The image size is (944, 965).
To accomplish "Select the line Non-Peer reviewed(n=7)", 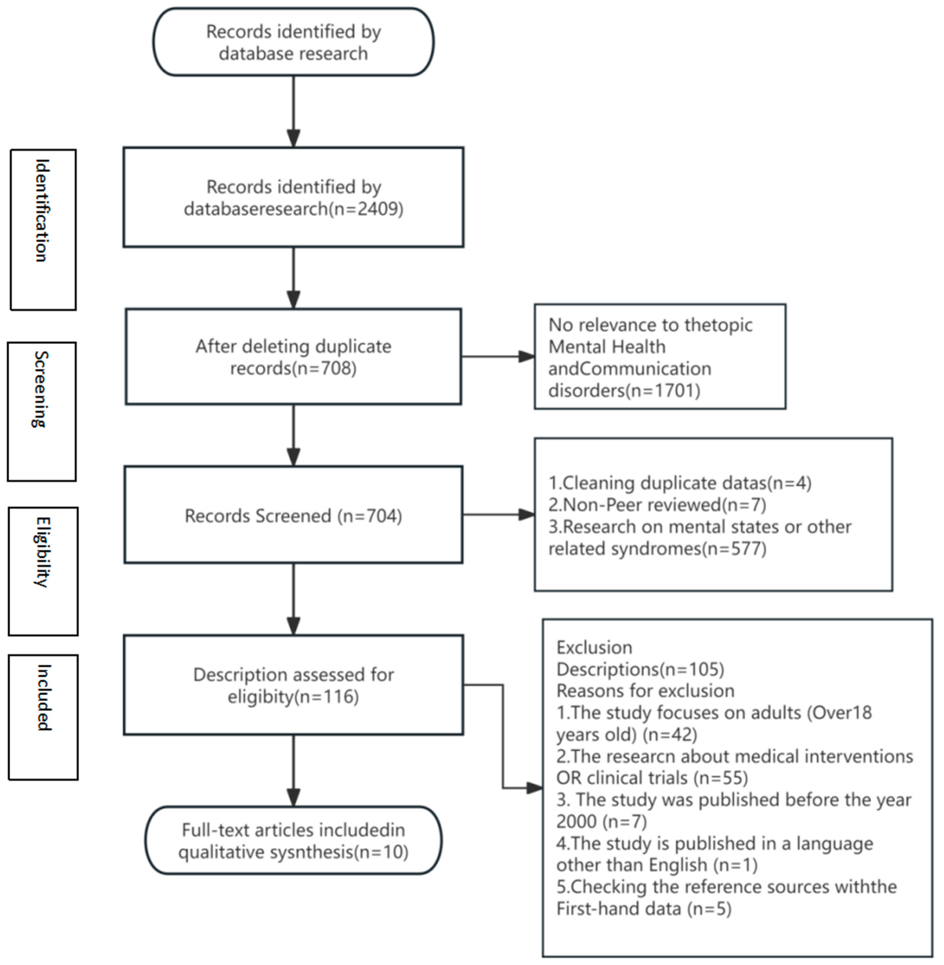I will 657,505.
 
